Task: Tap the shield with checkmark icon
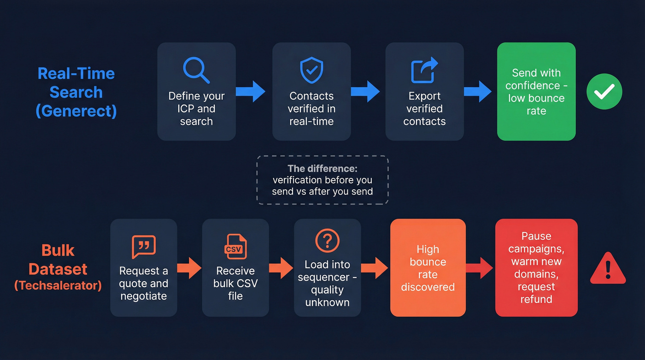tap(311, 70)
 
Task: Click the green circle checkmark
tap(604, 91)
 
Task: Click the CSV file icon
tap(235, 247)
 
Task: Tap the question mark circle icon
tap(327, 241)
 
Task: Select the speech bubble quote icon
tap(144, 247)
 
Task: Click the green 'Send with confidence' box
tap(536, 92)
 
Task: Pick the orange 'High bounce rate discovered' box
tap(428, 268)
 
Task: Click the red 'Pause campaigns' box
tap(536, 268)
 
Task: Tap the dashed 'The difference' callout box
tap(322, 180)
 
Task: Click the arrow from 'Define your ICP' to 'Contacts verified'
tap(251, 91)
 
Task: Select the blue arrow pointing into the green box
tap(478, 91)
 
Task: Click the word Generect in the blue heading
tap(76, 111)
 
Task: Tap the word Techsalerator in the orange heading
tap(58, 285)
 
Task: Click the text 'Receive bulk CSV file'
tap(235, 283)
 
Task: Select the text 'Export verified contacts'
tap(424, 109)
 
